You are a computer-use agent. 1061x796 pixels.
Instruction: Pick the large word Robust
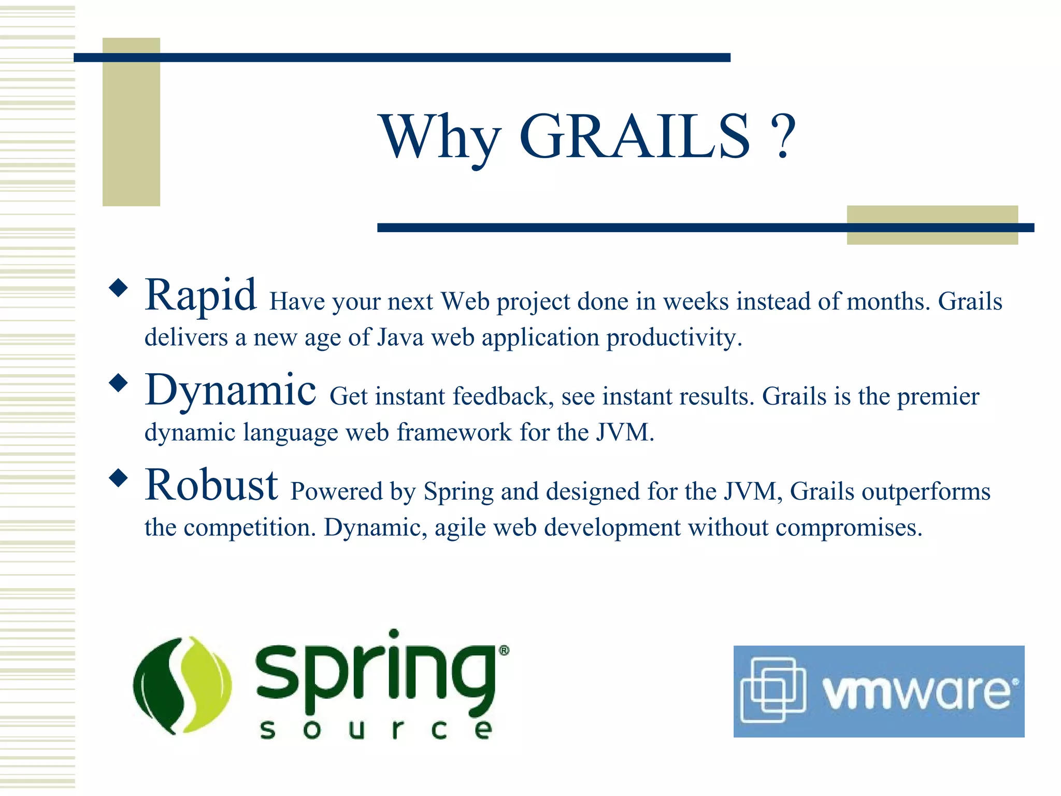click(x=211, y=486)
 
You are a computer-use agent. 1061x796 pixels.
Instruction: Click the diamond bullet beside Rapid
click(x=119, y=288)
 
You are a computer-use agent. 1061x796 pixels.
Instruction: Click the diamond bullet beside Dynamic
click(x=119, y=383)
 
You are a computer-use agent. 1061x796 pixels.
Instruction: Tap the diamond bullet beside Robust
click(x=119, y=478)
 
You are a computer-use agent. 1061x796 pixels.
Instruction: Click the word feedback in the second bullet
click(x=500, y=396)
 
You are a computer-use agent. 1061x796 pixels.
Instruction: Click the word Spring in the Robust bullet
click(x=458, y=492)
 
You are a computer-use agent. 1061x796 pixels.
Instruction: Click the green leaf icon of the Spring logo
click(x=182, y=685)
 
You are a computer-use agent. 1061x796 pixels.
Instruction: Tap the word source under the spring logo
click(x=375, y=730)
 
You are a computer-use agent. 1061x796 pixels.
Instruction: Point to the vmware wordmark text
click(x=917, y=692)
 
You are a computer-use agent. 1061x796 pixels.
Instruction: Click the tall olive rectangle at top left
click(x=131, y=122)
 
